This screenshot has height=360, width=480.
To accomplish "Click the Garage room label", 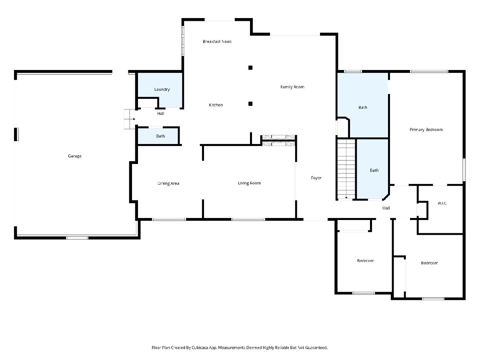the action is click(74, 156).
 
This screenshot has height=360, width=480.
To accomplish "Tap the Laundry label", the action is click(162, 89).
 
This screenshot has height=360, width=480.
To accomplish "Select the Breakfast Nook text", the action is click(217, 42).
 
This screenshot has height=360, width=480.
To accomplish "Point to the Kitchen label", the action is click(216, 105).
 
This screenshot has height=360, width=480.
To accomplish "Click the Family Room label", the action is click(292, 87).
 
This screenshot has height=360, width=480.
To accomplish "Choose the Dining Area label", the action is click(168, 183).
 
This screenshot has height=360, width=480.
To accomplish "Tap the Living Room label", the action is click(249, 183).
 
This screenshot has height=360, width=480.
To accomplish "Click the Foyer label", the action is click(316, 178).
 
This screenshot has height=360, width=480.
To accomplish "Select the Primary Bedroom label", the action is click(426, 130).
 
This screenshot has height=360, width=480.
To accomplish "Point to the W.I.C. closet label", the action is click(442, 203).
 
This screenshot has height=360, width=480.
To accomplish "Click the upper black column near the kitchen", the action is click(250, 68).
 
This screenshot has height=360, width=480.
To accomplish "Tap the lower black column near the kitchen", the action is click(250, 104).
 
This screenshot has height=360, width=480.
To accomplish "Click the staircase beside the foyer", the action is click(346, 169).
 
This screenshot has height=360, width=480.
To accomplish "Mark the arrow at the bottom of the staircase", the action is click(346, 198).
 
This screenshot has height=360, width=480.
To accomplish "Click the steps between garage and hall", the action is click(130, 119).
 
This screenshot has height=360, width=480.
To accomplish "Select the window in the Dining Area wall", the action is click(169, 219).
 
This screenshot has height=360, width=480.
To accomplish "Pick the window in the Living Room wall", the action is click(248, 219).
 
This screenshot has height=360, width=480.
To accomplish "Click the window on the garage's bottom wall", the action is click(77, 238).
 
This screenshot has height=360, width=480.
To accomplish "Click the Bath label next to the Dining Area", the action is click(160, 136).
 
